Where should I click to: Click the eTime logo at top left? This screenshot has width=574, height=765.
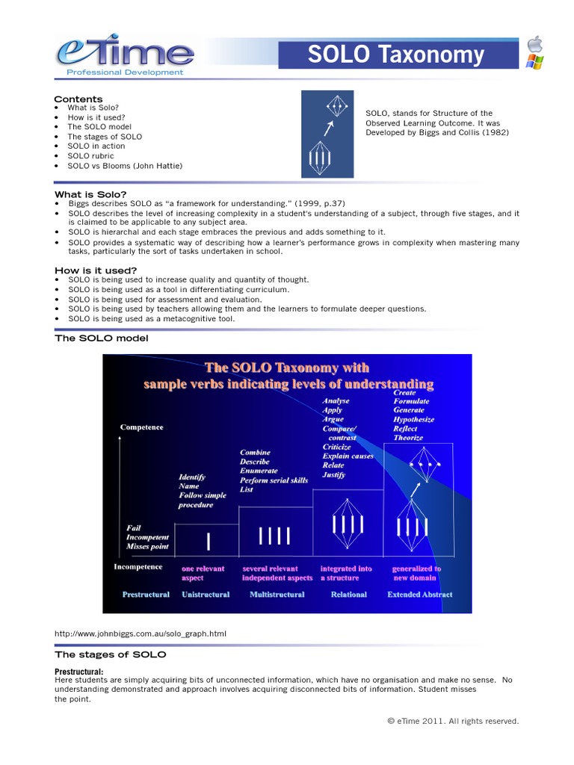point(124,54)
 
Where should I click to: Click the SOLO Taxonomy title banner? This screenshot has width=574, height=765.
point(398,55)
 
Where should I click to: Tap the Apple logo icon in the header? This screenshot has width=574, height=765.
point(534,44)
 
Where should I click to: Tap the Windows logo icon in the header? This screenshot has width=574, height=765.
point(534,61)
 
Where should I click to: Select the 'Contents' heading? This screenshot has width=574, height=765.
point(78,99)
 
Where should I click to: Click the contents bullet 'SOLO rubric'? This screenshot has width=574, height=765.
point(90,156)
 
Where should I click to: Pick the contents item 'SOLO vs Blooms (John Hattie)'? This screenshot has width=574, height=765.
point(124,166)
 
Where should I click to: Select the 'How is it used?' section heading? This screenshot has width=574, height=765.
point(96,270)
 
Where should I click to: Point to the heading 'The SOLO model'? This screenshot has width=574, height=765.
point(101,338)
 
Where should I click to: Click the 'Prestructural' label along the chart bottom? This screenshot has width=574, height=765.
point(147,595)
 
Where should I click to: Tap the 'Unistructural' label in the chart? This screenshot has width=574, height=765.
point(206,595)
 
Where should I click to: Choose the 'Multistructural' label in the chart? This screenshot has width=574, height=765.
point(274,595)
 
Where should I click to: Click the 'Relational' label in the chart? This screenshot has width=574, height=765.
point(348,595)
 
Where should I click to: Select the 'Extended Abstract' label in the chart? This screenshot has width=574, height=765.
point(419,595)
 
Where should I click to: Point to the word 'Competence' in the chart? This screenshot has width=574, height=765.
point(141,427)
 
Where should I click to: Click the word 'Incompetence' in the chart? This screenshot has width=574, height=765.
point(138,567)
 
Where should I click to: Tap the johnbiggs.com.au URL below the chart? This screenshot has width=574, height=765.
point(140,634)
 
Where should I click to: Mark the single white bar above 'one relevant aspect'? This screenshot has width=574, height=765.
point(209,539)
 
